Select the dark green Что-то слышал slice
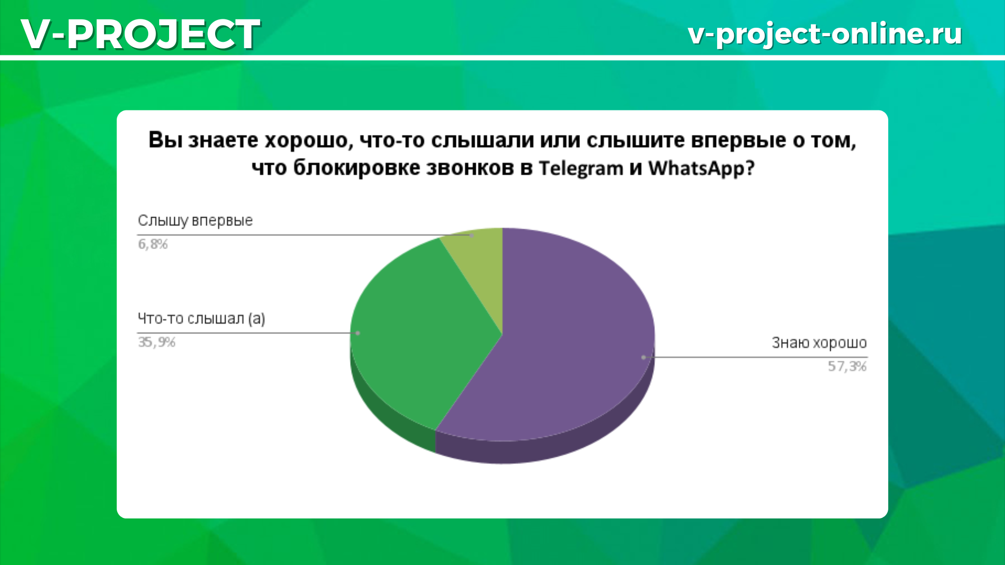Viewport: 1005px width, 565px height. pyautogui.click(x=414, y=335)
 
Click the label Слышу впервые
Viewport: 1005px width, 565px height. pyautogui.click(x=195, y=221)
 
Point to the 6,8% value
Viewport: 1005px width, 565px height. pyautogui.click(x=153, y=244)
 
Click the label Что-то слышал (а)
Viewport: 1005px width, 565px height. pyautogui.click(x=202, y=319)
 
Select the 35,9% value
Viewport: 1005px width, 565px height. pyautogui.click(x=157, y=342)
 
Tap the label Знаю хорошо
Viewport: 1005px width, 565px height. pyautogui.click(x=819, y=343)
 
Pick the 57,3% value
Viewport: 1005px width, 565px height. pyautogui.click(x=847, y=366)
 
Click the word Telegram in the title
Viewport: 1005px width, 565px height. pyautogui.click(x=581, y=168)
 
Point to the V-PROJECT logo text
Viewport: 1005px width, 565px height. pyautogui.click(x=140, y=34)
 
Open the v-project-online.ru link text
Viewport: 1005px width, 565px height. pyautogui.click(x=825, y=34)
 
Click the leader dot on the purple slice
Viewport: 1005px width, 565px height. pyautogui.click(x=643, y=357)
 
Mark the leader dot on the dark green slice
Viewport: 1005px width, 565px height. pyautogui.click(x=358, y=333)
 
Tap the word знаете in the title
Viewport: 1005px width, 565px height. pyautogui.click(x=223, y=140)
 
